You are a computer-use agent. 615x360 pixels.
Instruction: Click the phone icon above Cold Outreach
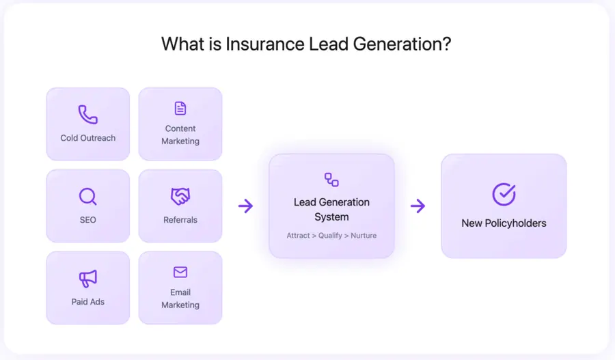(x=87, y=114)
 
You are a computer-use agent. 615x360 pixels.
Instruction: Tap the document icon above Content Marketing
(x=180, y=108)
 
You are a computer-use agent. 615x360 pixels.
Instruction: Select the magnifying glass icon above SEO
(x=87, y=197)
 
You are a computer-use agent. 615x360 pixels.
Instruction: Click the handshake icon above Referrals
(x=180, y=197)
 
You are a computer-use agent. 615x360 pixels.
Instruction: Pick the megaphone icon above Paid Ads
(x=87, y=279)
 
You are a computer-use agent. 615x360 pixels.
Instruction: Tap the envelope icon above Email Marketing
(x=180, y=273)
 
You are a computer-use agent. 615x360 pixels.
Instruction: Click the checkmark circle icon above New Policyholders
(x=504, y=194)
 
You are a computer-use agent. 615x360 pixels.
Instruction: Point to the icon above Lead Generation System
(x=331, y=180)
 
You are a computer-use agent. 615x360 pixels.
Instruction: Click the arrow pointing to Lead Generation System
(x=245, y=206)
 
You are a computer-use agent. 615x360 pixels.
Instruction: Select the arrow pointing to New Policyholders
(x=418, y=206)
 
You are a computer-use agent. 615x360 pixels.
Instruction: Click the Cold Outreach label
(x=87, y=138)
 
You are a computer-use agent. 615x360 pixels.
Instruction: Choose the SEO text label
(x=87, y=220)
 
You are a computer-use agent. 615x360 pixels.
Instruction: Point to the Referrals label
(x=180, y=220)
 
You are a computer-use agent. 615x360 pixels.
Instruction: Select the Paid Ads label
(x=87, y=302)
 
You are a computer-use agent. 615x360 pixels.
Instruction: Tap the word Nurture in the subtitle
(x=364, y=236)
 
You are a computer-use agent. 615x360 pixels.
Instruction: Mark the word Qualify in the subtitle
(x=330, y=236)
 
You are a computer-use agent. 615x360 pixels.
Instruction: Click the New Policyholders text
(x=504, y=223)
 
